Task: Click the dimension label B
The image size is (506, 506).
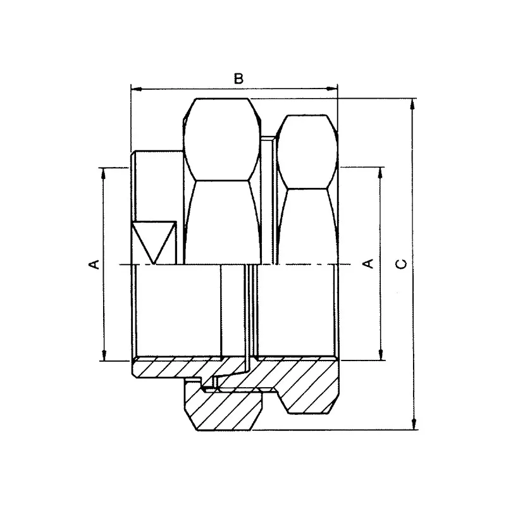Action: pos(238,79)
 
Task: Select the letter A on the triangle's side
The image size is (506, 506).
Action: pos(93,263)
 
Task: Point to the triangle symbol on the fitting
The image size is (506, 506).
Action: pos(154,241)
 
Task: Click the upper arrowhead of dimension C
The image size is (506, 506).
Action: pos(413,104)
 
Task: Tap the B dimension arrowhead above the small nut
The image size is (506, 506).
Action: pos(333,90)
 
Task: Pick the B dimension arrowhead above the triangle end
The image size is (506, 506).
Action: pos(135,90)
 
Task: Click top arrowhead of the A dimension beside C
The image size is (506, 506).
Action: pos(380,173)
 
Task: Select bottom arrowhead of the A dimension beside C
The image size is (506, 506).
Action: pos(380,355)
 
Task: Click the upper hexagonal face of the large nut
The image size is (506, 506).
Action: pos(221,139)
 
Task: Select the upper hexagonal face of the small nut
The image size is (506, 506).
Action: pos(305,151)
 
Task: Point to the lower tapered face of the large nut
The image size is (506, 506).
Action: pos(221,221)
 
